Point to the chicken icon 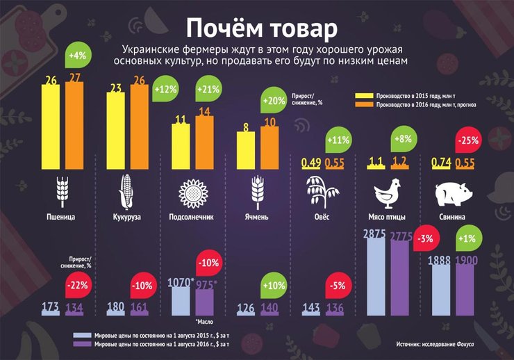pyautogui.click(x=386, y=191)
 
